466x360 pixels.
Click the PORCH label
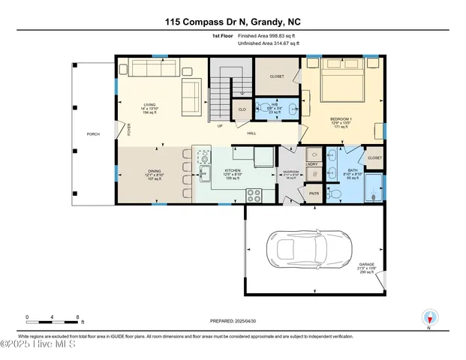tap(94, 134)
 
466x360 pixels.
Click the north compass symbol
tap(429, 318)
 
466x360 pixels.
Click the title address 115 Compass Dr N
tap(233, 21)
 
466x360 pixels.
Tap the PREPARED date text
tap(233, 319)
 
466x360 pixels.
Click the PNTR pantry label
tap(314, 193)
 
